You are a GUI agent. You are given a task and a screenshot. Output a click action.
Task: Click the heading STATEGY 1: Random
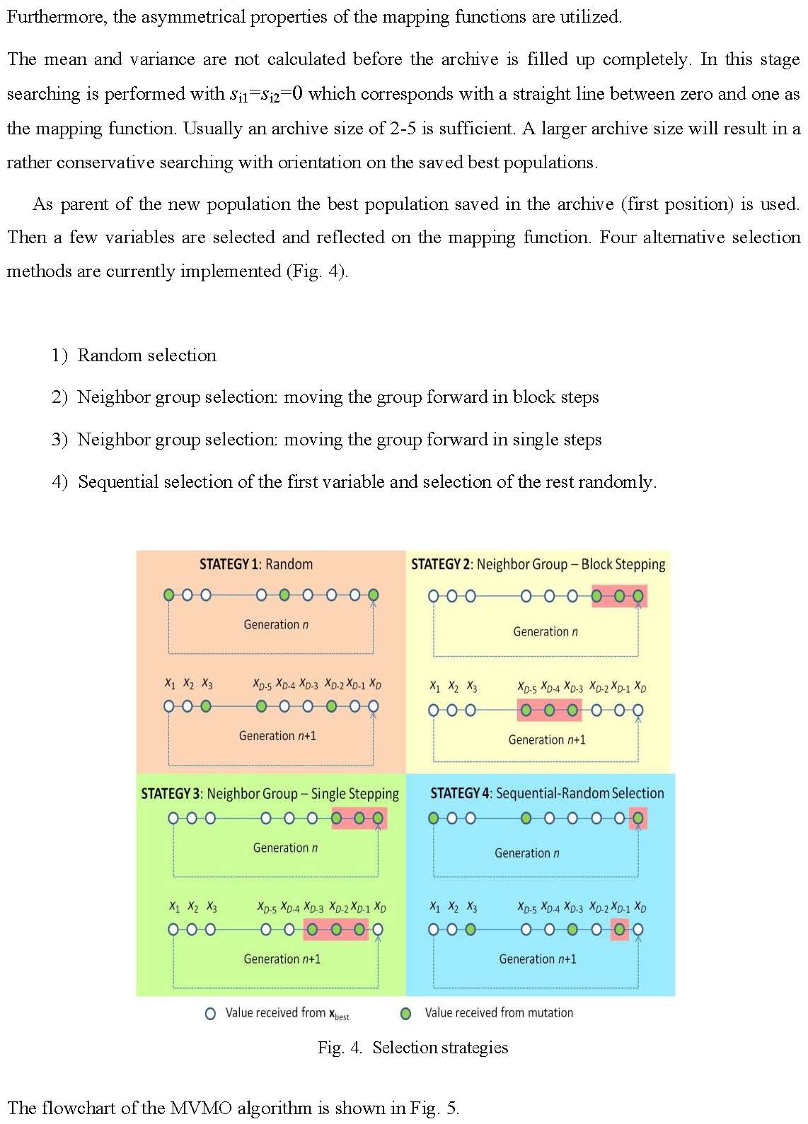tap(255, 564)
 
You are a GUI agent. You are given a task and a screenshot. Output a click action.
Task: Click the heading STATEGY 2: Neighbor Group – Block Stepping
tap(538, 564)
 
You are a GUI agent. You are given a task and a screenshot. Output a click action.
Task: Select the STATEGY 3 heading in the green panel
tap(270, 794)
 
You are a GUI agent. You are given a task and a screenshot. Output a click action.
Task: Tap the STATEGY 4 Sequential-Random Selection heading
tap(547, 793)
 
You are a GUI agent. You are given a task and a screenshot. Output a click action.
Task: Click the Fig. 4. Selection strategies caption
tap(412, 1048)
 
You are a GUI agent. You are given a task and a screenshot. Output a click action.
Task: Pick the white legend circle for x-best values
tap(210, 1014)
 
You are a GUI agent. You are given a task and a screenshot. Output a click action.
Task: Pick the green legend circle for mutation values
tap(406, 1014)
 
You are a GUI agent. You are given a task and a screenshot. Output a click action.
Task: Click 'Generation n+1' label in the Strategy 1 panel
tap(277, 736)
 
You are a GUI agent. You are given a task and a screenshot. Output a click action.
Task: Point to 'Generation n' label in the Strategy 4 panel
tap(526, 853)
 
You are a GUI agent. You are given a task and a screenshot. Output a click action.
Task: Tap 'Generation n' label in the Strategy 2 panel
tap(545, 632)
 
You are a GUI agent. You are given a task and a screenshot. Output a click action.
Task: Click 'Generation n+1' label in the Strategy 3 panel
tap(282, 959)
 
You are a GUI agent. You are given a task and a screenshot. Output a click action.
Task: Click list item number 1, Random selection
tap(146, 356)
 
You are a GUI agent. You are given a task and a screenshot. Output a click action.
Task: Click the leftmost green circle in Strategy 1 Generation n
tap(168, 595)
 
